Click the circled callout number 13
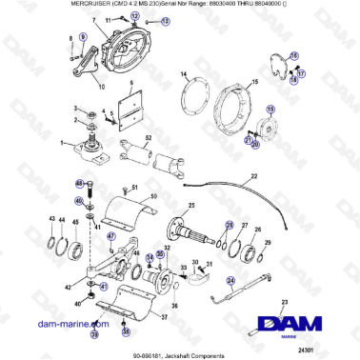166,20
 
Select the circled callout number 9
82,35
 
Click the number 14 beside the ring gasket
183,73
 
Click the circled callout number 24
230,280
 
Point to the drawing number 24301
329,350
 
